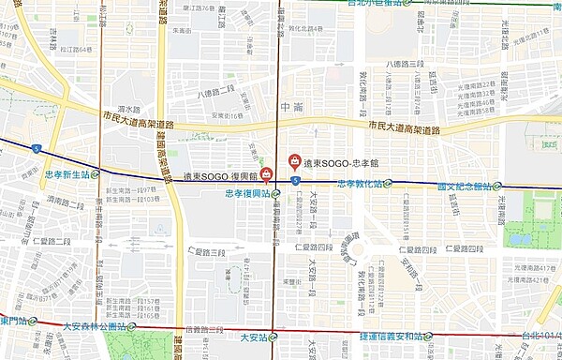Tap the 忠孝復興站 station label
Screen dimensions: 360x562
[248, 194]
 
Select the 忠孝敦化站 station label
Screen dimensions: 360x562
[359, 184]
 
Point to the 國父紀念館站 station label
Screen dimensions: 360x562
[464, 187]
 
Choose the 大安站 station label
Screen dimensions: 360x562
[254, 337]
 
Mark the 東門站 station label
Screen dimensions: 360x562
[15, 321]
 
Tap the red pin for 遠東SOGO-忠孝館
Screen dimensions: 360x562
[295, 161]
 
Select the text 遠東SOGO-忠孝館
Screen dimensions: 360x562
[338, 161]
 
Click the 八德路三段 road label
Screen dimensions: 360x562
[404, 64]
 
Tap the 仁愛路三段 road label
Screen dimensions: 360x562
[205, 251]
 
